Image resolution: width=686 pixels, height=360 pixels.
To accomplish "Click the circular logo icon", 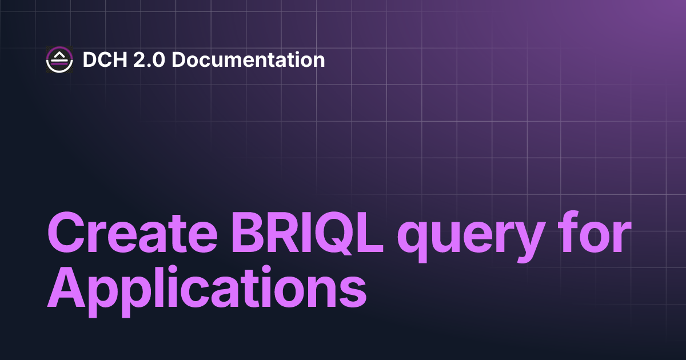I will pos(59,59).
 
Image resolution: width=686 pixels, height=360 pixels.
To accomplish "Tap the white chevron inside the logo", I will pos(59,55).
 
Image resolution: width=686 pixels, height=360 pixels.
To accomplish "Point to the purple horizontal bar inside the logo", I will pos(59,63).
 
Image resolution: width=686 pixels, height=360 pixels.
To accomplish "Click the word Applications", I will pos(206,289).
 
